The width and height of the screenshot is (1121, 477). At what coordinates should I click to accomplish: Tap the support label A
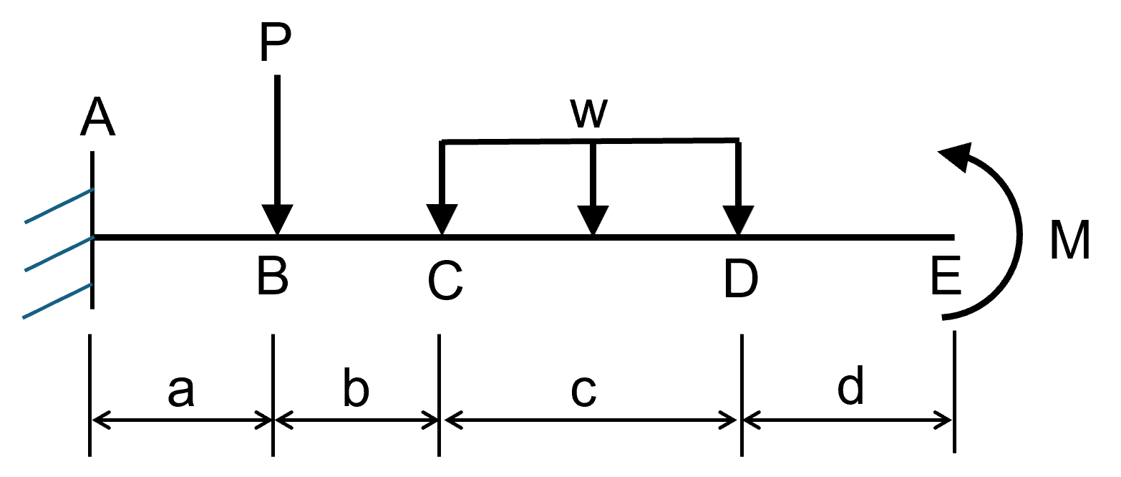click(x=97, y=117)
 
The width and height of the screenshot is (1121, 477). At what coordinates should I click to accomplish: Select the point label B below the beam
click(x=273, y=276)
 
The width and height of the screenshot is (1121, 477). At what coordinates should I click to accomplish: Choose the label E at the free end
click(x=946, y=276)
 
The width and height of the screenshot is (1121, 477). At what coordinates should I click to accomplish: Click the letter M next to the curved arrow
click(x=1069, y=240)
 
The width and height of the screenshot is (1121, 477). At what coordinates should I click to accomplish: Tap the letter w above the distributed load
click(x=588, y=114)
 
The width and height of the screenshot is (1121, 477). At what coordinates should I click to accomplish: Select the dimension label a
click(x=181, y=390)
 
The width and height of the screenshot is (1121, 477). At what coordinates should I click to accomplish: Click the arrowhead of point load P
click(x=277, y=218)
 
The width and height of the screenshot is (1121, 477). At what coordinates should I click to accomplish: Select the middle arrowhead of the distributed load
click(x=593, y=218)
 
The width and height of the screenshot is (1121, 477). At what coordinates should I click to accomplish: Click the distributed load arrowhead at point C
click(x=442, y=218)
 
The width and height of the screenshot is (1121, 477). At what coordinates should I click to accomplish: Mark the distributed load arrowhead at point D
click(x=738, y=218)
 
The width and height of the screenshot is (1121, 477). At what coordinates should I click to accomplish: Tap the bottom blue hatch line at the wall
click(x=57, y=301)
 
